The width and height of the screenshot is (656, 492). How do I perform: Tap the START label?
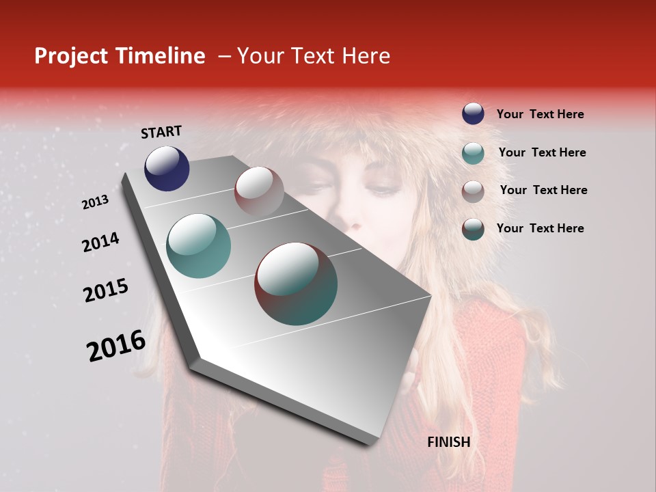161,132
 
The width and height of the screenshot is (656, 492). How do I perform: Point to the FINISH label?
448,442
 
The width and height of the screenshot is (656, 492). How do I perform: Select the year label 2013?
95,202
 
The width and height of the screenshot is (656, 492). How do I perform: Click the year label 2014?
100,243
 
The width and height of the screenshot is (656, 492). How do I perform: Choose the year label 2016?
116,346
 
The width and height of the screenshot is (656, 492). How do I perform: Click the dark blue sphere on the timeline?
167,168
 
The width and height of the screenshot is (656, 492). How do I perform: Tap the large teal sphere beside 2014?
199,246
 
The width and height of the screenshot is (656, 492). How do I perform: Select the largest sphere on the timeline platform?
296,284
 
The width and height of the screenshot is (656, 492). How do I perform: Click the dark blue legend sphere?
473,113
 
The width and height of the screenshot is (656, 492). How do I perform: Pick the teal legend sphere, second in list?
473,152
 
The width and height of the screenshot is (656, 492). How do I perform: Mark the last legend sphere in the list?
473,229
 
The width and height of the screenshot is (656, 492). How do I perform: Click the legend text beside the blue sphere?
540,114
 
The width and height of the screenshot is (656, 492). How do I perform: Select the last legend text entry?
540,228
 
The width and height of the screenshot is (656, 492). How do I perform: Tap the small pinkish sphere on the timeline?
259,192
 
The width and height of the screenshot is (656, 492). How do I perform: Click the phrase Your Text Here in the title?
314,56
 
